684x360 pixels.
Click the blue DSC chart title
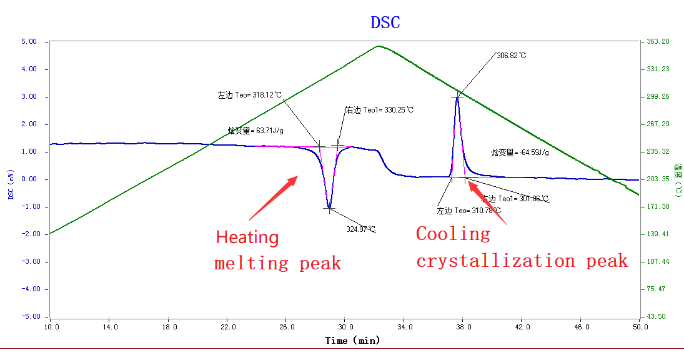point(385,23)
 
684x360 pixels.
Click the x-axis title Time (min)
point(352,341)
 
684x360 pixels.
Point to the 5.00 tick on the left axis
point(29,42)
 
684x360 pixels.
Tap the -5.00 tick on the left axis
point(28,316)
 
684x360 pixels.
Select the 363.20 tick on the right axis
point(657,42)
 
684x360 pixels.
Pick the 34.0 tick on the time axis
point(404,327)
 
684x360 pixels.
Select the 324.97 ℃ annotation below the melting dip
point(361,229)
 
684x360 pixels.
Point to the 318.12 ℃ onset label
point(249,96)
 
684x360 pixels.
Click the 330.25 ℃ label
point(380,110)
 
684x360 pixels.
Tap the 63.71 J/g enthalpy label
point(256,131)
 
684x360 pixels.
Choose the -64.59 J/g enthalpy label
point(520,152)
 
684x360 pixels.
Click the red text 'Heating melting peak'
point(277,250)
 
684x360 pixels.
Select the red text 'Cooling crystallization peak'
point(522,247)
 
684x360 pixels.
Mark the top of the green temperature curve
point(379,46)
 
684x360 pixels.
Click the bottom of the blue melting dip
point(329,208)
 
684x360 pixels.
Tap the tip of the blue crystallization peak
point(457,96)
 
